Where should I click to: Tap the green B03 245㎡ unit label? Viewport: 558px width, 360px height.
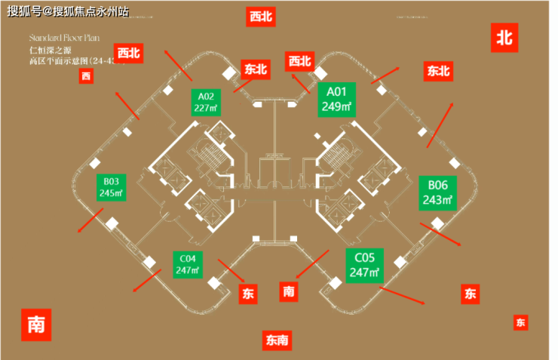pyautogui.click(x=111, y=187)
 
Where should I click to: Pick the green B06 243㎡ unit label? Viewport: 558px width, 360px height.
pyautogui.click(x=438, y=193)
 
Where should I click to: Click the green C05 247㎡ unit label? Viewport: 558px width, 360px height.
pyautogui.click(x=364, y=265)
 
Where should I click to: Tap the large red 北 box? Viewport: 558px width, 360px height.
pyautogui.click(x=506, y=37)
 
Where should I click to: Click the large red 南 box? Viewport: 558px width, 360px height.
pyautogui.click(x=35, y=325)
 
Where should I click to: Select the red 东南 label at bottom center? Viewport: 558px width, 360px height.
pyautogui.click(x=276, y=340)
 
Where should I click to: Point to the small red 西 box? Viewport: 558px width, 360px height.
pyautogui.click(x=86, y=76)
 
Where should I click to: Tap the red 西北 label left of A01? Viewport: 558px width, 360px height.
pyautogui.click(x=299, y=61)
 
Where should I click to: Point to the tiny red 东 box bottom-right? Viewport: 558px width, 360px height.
pyautogui.click(x=520, y=323)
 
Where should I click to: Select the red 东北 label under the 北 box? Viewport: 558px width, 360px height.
pyautogui.click(x=438, y=72)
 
